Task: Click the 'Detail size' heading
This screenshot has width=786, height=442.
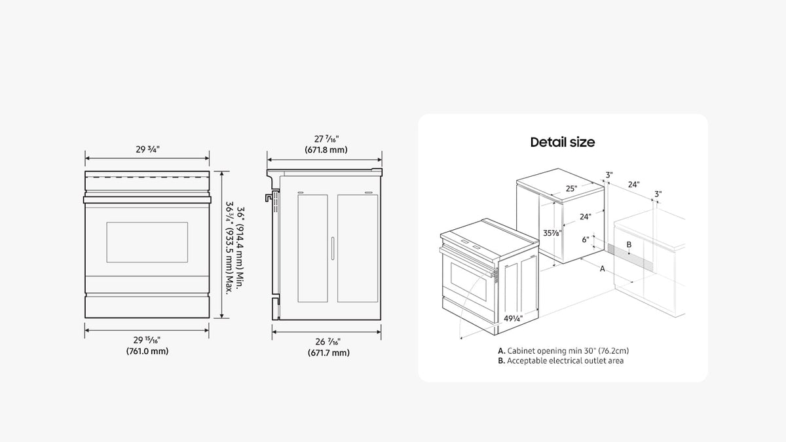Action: (x=563, y=142)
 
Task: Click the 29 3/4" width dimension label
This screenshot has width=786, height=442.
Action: (x=148, y=149)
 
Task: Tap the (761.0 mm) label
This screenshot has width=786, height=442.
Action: (x=147, y=351)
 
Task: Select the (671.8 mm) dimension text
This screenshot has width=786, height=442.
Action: (x=326, y=150)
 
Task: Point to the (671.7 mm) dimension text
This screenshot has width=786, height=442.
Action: (x=329, y=352)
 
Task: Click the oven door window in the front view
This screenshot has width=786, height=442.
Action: (x=147, y=242)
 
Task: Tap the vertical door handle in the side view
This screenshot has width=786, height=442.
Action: (x=333, y=248)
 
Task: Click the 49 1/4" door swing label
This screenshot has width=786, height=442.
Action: (x=513, y=318)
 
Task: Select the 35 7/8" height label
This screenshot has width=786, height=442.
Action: (x=552, y=233)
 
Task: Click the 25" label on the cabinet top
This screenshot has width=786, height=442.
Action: (x=571, y=189)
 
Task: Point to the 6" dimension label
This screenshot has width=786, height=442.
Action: (x=586, y=240)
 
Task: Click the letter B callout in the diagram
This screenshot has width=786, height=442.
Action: (x=629, y=244)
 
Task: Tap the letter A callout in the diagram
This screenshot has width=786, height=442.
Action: (x=603, y=268)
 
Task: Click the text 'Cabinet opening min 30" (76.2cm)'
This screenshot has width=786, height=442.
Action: (x=568, y=351)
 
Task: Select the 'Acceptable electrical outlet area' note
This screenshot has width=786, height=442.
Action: (x=565, y=361)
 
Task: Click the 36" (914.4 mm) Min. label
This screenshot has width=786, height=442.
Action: (x=240, y=248)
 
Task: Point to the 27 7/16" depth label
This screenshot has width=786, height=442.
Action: (x=326, y=139)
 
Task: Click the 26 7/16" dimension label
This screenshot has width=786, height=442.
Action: (x=327, y=342)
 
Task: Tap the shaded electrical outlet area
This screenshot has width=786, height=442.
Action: (x=630, y=258)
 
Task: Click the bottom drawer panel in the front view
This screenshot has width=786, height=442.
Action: (x=147, y=306)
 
